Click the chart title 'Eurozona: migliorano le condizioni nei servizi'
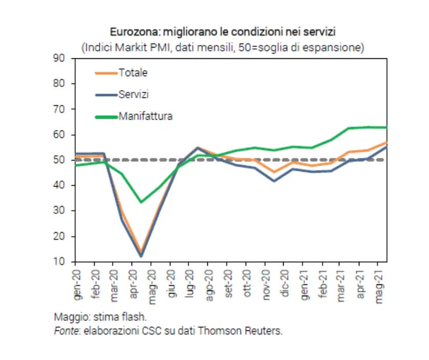click(x=223, y=32)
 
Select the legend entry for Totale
click(x=133, y=73)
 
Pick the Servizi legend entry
click(x=134, y=95)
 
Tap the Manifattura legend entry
click(x=145, y=116)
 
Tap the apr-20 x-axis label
click(x=134, y=283)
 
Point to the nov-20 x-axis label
click(x=267, y=283)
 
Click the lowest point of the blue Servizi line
click(x=141, y=256)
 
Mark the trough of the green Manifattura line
click(x=141, y=202)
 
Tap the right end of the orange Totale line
click(x=386, y=142)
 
